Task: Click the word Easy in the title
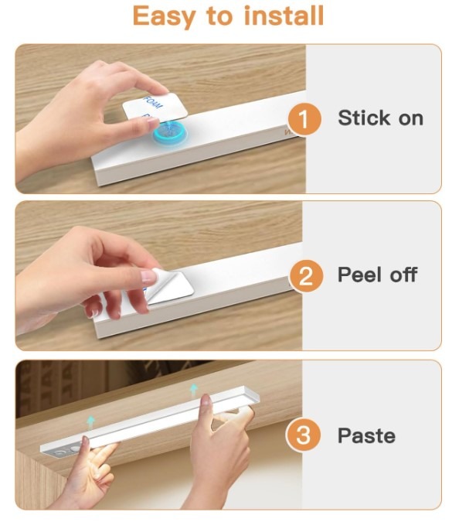pyautogui.click(x=164, y=17)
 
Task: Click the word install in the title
pyautogui.click(x=284, y=15)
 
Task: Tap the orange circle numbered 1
pyautogui.click(x=304, y=119)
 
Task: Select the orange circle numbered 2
pyautogui.click(x=306, y=276)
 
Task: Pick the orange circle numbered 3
pyautogui.click(x=303, y=435)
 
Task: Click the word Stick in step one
pyautogui.click(x=364, y=118)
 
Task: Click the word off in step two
pyautogui.click(x=404, y=275)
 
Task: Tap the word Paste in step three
pyautogui.click(x=366, y=435)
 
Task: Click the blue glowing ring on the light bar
pyautogui.click(x=170, y=135)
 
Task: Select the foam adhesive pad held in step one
pyautogui.click(x=155, y=106)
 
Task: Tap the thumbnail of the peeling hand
pyautogui.click(x=148, y=276)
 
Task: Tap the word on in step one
pyautogui.click(x=411, y=119)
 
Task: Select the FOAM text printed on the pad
pyautogui.click(x=153, y=102)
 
